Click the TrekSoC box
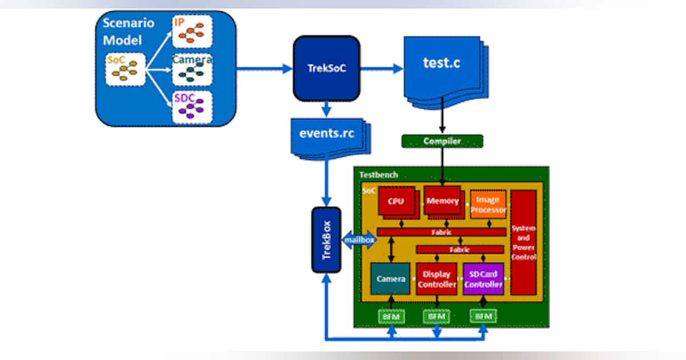coord(326,68)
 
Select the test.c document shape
coord(441,65)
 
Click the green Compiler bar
coord(442,141)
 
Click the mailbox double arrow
coord(358,241)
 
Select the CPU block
coord(396,202)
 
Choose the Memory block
coord(442,201)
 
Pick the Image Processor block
coord(488,205)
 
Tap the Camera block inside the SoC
coord(390,279)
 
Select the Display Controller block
coord(437,279)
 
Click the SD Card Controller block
coord(483,279)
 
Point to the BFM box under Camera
coord(391,315)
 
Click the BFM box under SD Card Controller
coord(484,315)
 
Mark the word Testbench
coord(378,174)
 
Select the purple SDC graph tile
coord(192,106)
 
